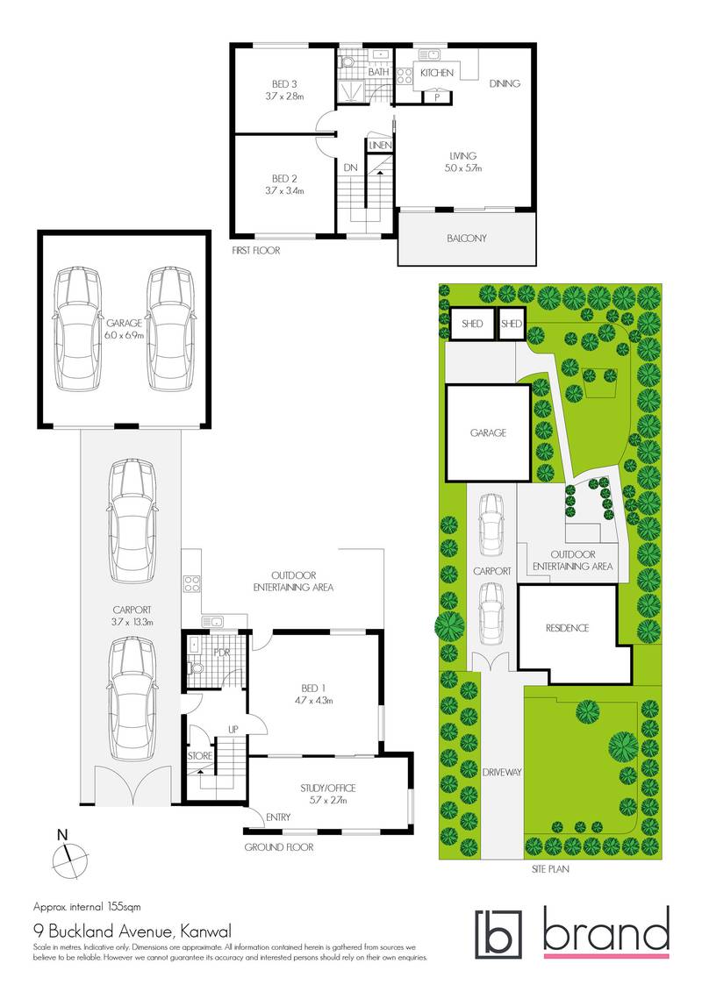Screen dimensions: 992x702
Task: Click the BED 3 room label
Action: click(283, 84)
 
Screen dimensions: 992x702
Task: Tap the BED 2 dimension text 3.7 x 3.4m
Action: click(283, 190)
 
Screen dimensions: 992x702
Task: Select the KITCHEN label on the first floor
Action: click(436, 73)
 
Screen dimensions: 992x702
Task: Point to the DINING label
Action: click(505, 84)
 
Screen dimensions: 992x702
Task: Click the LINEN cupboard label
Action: click(380, 145)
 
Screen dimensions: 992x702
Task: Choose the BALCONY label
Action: click(466, 238)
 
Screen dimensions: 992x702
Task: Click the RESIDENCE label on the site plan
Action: click(567, 628)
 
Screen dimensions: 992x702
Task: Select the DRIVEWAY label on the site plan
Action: click(502, 772)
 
